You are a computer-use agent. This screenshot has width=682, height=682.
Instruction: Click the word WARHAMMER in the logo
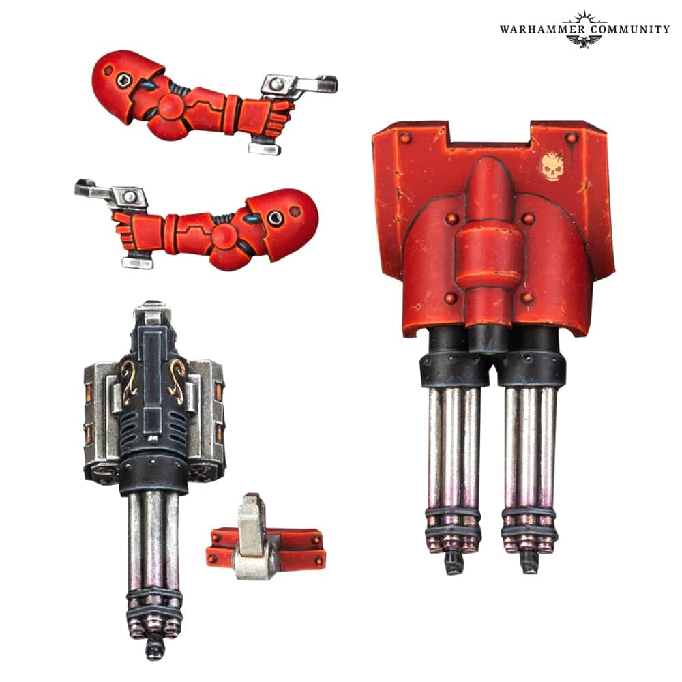pyautogui.click(x=542, y=29)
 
